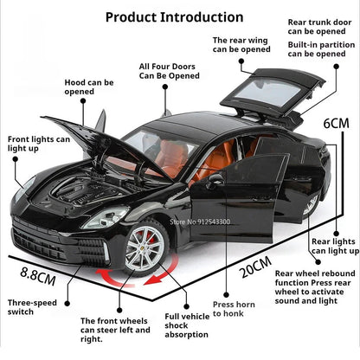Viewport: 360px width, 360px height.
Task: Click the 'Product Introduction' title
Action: click(x=173, y=16)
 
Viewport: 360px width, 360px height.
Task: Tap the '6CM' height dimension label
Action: click(x=337, y=124)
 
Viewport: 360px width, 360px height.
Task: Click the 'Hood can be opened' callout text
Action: click(x=89, y=87)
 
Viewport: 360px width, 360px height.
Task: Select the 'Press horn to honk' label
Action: click(x=234, y=310)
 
